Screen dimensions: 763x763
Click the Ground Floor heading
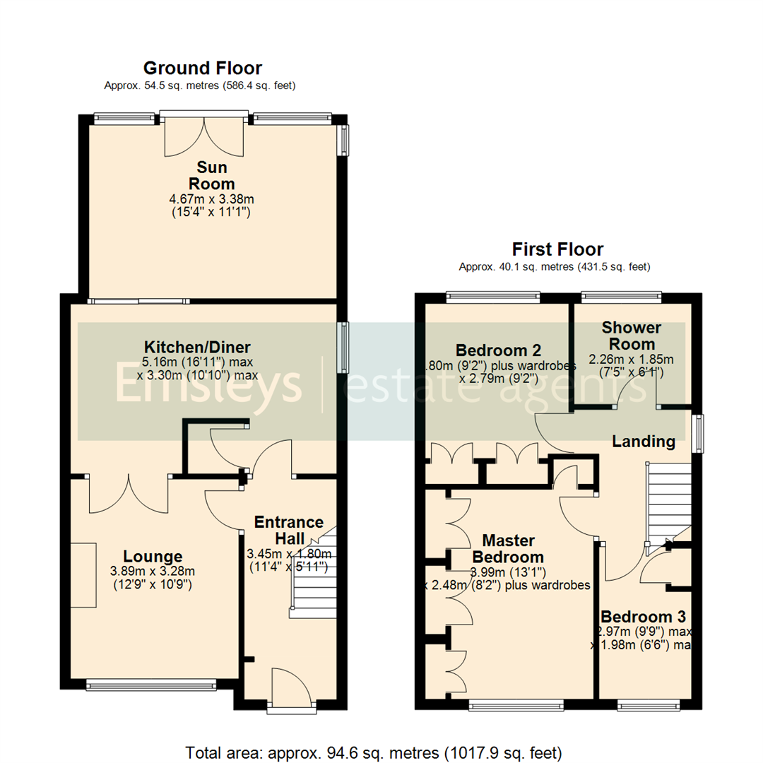tap(202, 69)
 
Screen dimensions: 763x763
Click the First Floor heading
tap(557, 249)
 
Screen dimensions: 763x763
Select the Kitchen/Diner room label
tap(197, 348)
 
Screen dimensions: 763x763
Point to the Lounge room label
tap(153, 556)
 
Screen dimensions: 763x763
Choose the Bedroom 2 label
tap(498, 350)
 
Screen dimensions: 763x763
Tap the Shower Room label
tap(631, 336)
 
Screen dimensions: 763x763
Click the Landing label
tap(643, 442)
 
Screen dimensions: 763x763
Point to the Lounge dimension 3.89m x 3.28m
tap(153, 572)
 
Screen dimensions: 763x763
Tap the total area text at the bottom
tap(374, 751)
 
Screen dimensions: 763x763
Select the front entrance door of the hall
tap(291, 689)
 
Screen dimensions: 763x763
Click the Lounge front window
tap(151, 684)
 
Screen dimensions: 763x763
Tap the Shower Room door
tap(636, 390)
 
